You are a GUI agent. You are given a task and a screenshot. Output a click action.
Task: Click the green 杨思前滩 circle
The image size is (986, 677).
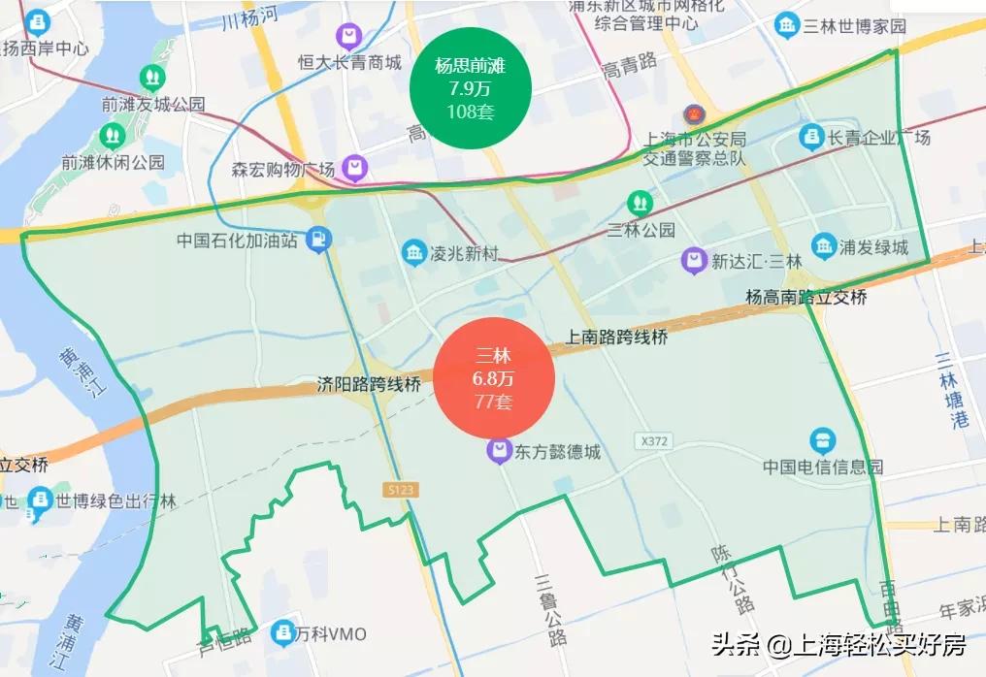[x=471, y=89]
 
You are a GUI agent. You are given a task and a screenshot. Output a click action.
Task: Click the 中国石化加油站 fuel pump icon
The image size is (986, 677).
[x=317, y=239]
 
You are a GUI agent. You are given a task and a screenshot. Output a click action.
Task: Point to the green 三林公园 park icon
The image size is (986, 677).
[x=639, y=203]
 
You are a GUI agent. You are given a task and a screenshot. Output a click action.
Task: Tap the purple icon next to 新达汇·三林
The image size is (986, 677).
[x=693, y=260]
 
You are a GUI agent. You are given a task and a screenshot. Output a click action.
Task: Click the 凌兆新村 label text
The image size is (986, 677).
[x=463, y=254]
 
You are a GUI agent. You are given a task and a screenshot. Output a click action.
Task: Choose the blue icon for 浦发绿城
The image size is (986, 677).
[x=824, y=246]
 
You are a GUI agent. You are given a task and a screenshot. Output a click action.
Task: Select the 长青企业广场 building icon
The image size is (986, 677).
[x=811, y=138]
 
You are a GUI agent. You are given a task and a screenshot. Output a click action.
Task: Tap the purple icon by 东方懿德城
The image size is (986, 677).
[x=499, y=451]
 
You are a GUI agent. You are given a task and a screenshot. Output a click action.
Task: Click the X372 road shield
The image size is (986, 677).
[x=655, y=441]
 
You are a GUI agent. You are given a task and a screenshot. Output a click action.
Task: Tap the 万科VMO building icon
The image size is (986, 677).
[x=283, y=633]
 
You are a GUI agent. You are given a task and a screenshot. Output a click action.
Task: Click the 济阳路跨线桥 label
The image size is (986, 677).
[x=369, y=384]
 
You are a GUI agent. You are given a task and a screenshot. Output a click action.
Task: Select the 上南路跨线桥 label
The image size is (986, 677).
[x=617, y=338]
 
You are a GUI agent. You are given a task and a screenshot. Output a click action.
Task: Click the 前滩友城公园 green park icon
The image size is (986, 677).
[x=151, y=77]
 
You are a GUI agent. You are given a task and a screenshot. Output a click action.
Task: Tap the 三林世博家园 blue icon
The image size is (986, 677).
[x=787, y=26]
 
